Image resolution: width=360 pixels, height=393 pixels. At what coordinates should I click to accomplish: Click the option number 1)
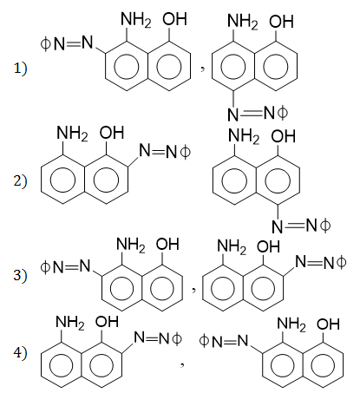point(20,69)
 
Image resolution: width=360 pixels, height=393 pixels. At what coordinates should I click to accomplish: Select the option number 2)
point(20,180)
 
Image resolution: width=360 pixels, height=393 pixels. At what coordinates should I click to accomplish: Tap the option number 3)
point(20,275)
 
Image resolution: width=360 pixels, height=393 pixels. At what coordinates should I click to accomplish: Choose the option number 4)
point(20,353)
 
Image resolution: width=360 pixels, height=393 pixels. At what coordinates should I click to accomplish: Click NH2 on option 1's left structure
point(135,20)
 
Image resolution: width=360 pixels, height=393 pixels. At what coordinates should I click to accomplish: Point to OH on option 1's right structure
point(281,21)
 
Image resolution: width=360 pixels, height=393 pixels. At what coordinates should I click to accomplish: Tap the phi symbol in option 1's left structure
point(45,44)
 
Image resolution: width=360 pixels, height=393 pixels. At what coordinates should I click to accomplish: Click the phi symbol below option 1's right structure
point(283,113)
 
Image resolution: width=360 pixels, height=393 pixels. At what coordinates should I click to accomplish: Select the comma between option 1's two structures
point(203,69)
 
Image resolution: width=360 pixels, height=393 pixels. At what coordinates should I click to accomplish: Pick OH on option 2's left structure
point(112,133)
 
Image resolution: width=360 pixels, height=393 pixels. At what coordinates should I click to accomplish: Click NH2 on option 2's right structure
point(244,137)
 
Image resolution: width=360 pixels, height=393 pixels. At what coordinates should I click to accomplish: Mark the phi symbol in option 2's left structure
point(185,152)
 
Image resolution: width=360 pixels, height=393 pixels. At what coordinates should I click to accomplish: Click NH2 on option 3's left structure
point(131,246)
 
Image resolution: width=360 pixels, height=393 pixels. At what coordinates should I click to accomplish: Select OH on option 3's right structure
point(269,246)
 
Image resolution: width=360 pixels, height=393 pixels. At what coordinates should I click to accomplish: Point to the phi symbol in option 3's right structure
point(341,263)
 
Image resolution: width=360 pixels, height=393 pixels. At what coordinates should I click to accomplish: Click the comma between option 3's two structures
point(194,290)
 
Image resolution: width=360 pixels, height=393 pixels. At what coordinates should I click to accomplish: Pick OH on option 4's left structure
point(107,322)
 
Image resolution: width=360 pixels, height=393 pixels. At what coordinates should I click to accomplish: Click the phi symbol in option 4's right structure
point(204,341)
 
